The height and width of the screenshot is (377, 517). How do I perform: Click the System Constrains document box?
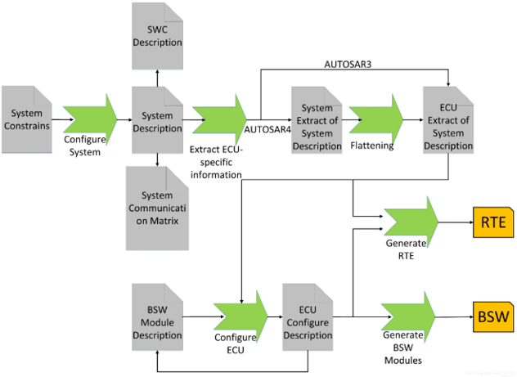pyautogui.click(x=27, y=119)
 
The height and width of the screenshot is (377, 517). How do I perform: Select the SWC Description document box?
pyautogui.click(x=157, y=36)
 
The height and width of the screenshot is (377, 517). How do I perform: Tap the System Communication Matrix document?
pyautogui.click(x=157, y=209)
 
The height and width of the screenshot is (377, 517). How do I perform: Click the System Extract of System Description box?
pyautogui.click(x=317, y=120)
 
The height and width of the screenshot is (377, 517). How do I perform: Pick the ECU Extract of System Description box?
pyautogui.click(x=448, y=120)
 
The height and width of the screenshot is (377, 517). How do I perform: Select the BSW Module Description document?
pyautogui.click(x=157, y=317)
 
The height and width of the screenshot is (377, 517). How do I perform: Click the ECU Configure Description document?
pyautogui.click(x=308, y=317)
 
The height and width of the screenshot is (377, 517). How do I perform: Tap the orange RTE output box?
pyautogui.click(x=493, y=222)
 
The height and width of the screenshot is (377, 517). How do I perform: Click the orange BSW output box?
pyautogui.click(x=493, y=317)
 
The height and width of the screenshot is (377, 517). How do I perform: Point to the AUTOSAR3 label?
pyautogui.click(x=348, y=65)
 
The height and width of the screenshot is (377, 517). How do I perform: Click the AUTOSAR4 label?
pyautogui.click(x=267, y=129)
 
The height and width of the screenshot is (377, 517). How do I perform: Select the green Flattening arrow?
pyautogui.click(x=375, y=120)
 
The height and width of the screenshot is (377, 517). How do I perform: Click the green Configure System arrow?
pyautogui.click(x=90, y=120)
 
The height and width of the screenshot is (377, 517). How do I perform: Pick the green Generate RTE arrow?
pyautogui.click(x=411, y=222)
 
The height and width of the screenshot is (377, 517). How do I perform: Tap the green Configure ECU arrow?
pyautogui.click(x=241, y=317)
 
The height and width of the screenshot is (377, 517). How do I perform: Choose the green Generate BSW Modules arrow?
pyautogui.click(x=408, y=317)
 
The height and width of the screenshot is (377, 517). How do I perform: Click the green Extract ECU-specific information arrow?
pyautogui.click(x=219, y=120)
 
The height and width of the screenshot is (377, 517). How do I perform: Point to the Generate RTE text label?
pyautogui.click(x=406, y=249)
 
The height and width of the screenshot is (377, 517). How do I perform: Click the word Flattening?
pyautogui.click(x=372, y=146)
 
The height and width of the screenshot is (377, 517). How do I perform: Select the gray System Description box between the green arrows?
pyautogui.click(x=157, y=120)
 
